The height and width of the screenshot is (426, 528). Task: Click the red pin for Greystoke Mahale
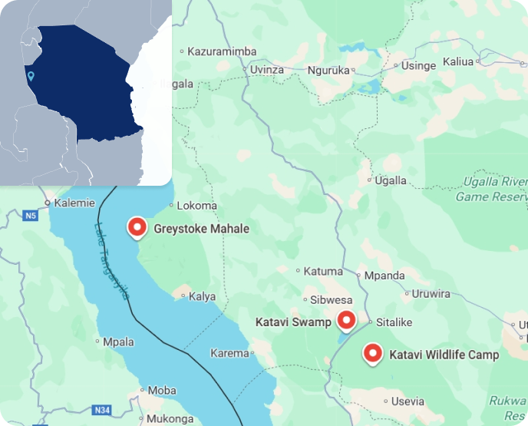137,227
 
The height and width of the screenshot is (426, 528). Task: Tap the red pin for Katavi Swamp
347,320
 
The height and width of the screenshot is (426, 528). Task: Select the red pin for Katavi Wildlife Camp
372,353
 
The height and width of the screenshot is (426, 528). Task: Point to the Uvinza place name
267,70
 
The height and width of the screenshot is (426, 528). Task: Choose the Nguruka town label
328,70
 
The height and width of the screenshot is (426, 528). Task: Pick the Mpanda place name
384,276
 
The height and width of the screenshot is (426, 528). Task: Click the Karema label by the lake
229,354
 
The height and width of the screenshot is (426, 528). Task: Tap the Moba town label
161,391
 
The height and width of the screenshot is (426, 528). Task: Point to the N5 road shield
30,216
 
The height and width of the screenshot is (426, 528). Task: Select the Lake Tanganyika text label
111,261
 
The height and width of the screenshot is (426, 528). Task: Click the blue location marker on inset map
30,76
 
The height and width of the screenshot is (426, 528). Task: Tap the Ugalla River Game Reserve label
491,189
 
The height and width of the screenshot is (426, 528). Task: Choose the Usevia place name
407,401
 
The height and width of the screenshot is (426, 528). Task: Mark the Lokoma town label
196,206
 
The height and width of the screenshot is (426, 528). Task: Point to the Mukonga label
170,419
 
